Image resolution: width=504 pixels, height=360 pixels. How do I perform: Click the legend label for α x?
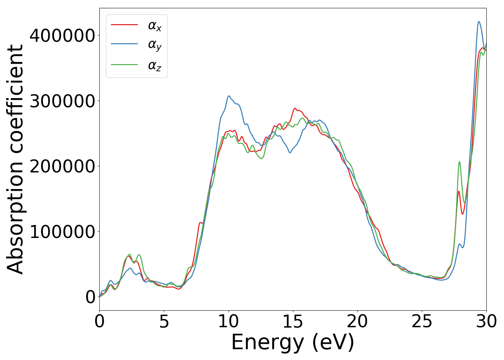pos(154,26)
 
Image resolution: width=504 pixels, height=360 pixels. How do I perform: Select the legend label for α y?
pos(154,45)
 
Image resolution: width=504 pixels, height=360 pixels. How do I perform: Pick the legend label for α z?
pos(154,66)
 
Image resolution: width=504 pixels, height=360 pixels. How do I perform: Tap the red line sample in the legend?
pos(124,24)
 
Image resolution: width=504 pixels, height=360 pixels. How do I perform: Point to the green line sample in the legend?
pos(124,64)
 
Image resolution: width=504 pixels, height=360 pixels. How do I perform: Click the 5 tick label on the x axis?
pos(164,321)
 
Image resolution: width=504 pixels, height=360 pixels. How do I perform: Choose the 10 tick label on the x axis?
pos(228,321)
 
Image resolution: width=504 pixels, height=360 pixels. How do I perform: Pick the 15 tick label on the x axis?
pos(293,321)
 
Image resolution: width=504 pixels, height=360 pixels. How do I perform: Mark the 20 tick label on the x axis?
pos(357,321)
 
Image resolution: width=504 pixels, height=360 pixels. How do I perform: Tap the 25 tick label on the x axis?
pos(422,321)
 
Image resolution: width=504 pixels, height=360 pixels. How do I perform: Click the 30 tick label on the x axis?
pos(486,321)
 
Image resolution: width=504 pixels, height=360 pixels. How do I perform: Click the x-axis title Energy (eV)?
pos(293,342)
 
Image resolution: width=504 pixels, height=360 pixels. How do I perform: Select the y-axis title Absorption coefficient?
pos(15,159)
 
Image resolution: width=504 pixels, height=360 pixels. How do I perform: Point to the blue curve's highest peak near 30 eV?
pos(479,22)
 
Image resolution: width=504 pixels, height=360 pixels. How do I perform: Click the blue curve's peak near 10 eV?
pos(229,96)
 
